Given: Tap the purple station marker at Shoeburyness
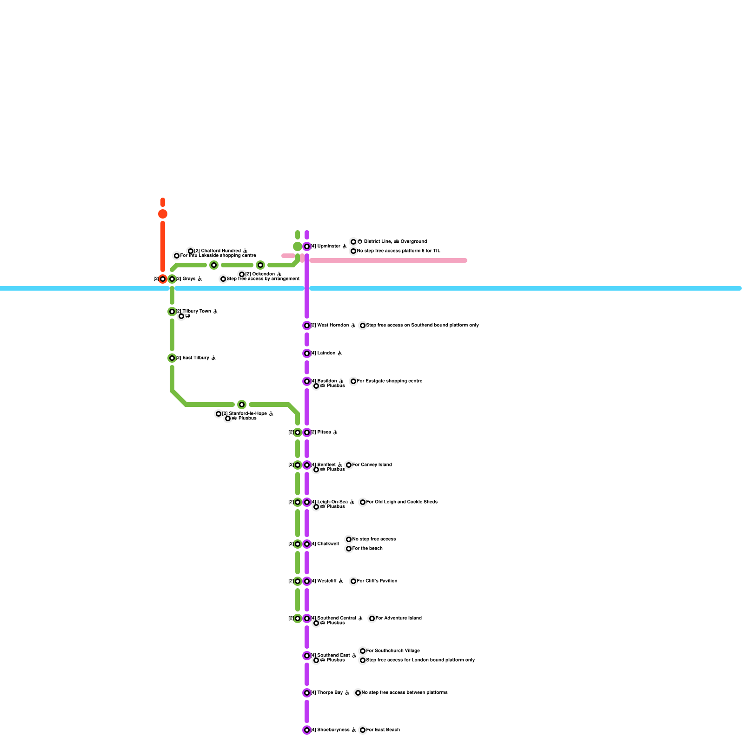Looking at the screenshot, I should pos(307,730).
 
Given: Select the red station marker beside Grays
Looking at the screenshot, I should pos(163,279).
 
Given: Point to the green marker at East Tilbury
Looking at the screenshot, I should pos(172,358).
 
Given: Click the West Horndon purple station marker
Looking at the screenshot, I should pos(307,325).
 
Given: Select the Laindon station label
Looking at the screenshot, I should pos(326,353).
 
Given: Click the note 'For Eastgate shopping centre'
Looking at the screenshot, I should pos(390,381).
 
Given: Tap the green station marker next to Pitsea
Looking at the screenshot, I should pos(298,432).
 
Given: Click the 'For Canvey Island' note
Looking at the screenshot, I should pos(372,465).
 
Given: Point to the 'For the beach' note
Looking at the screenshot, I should pos(367,549).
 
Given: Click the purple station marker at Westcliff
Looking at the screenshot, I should pos(307,581).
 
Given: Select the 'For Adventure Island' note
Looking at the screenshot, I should pos(399,618).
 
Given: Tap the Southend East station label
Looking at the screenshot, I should pos(333,656).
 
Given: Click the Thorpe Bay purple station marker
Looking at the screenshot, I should pos(307,693).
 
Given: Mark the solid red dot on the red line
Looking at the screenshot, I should pos(163,214).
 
